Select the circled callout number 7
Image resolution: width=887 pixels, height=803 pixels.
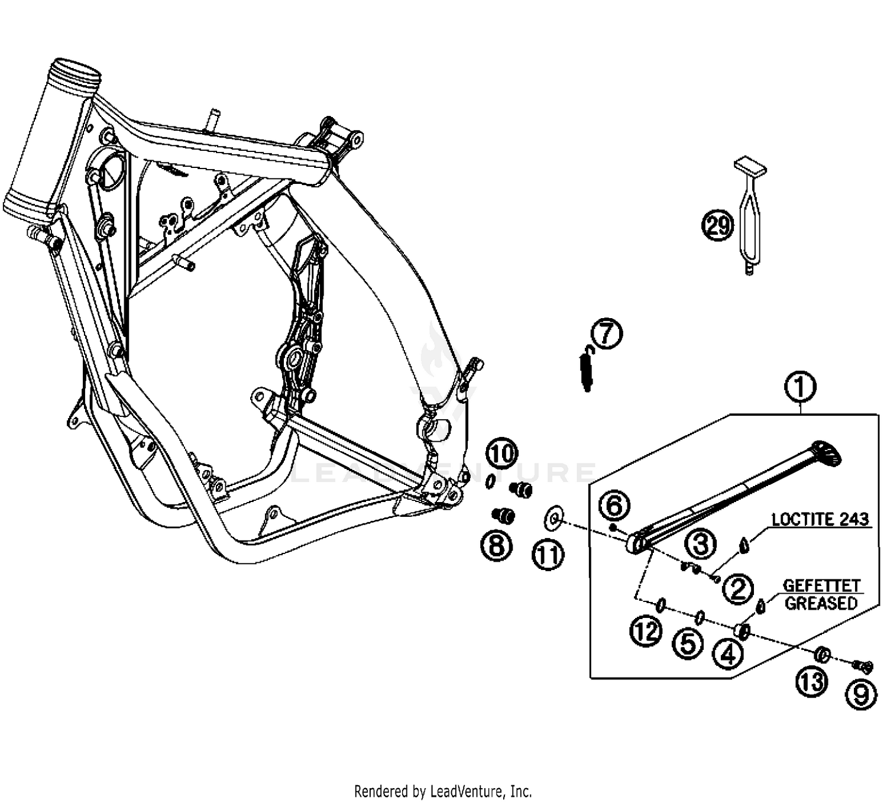(x=607, y=333)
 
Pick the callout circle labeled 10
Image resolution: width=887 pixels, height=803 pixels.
(x=502, y=454)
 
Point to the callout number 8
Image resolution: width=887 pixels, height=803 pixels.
(x=497, y=544)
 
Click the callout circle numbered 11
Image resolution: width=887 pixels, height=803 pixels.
(x=548, y=555)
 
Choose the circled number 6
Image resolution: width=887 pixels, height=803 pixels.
(x=614, y=506)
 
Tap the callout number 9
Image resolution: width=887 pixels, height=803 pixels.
(x=861, y=693)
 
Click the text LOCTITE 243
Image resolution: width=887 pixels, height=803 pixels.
(x=820, y=519)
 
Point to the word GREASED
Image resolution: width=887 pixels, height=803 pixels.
(x=821, y=603)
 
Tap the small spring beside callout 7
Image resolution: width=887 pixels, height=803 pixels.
(x=586, y=369)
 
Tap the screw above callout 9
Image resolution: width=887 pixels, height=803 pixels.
(x=863, y=666)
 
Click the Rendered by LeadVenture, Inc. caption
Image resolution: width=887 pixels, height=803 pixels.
(x=443, y=791)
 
